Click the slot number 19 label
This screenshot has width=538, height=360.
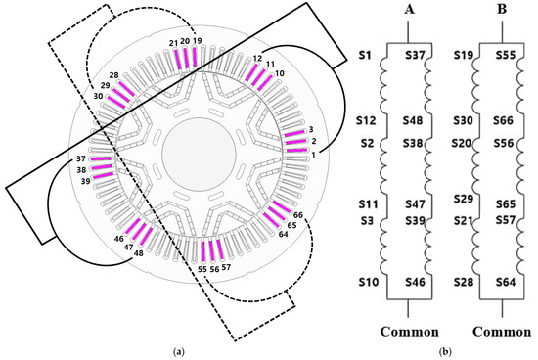[197, 41]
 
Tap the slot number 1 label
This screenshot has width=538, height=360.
[313, 156]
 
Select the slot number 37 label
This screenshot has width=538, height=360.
[81, 158]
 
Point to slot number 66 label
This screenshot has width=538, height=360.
[298, 215]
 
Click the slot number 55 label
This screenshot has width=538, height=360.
[202, 269]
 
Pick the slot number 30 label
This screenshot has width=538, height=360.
[98, 97]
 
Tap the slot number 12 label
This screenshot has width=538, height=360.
[257, 59]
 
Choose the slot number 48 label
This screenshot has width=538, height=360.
[138, 253]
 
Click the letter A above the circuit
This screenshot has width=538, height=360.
[409, 9]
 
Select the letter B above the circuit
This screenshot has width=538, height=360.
[502, 9]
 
